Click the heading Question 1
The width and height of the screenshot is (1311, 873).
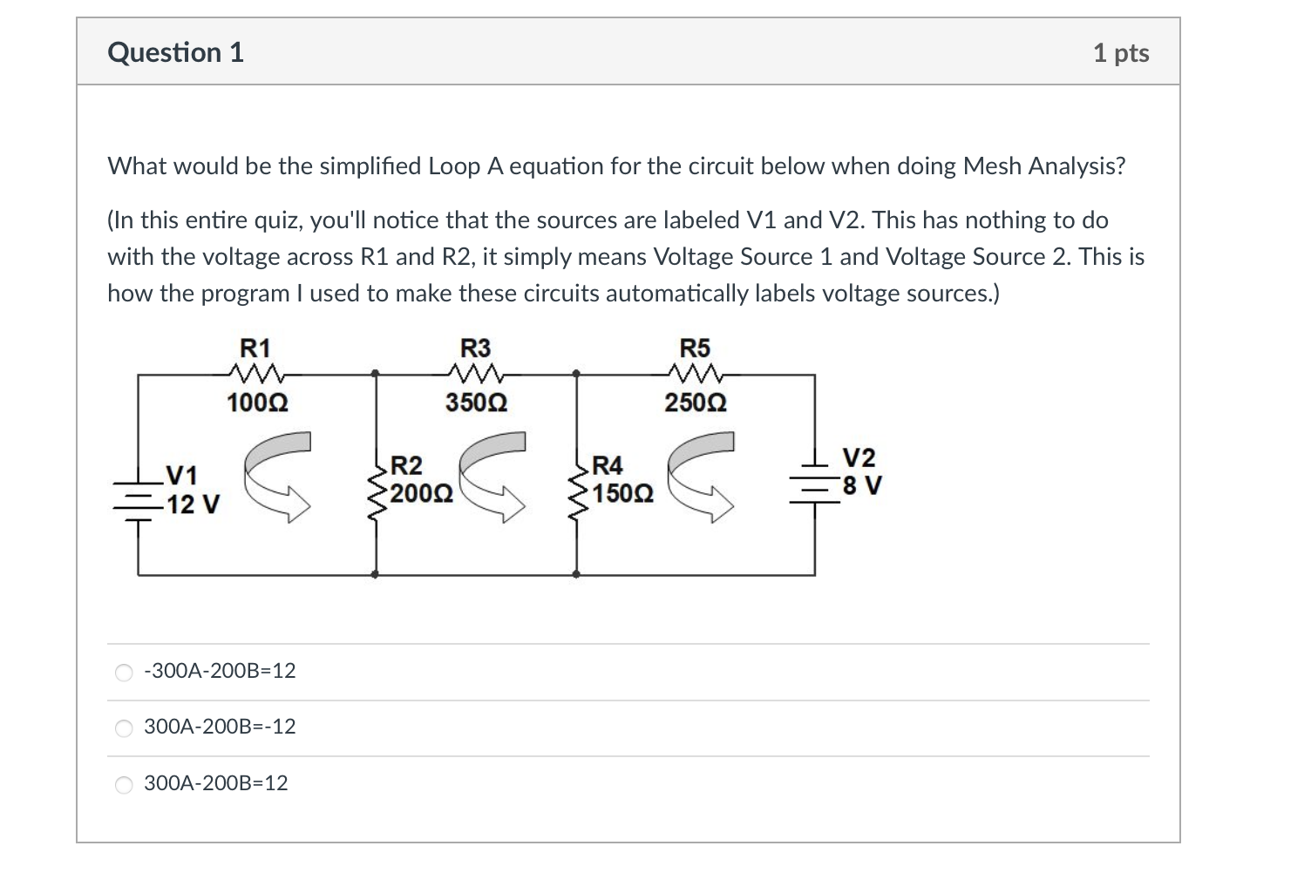click(175, 52)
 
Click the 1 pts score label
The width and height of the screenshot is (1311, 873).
click(1120, 53)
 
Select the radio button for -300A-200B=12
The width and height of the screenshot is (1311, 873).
click(125, 672)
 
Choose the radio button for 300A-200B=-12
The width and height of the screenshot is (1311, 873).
click(125, 727)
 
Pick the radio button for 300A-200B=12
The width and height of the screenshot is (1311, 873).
click(125, 784)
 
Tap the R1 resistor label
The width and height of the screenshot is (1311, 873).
click(255, 349)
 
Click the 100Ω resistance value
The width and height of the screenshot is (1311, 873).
click(256, 403)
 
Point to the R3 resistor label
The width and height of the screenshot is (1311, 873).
click(475, 349)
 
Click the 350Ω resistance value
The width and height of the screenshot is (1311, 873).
click(476, 403)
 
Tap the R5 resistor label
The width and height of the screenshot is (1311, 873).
click(695, 349)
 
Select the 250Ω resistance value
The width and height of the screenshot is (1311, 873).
click(696, 403)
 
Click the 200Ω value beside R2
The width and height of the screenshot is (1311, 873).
click(421, 494)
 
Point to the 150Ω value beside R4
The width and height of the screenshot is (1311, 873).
click(623, 494)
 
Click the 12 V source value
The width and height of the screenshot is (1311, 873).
click(194, 504)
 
